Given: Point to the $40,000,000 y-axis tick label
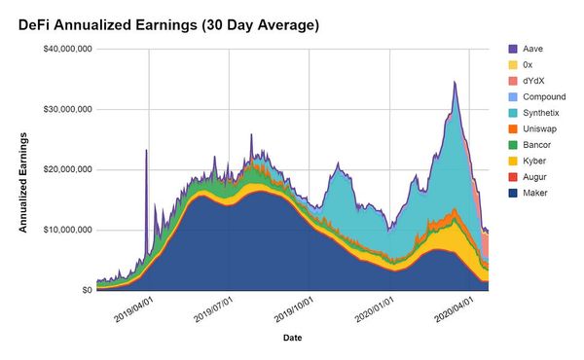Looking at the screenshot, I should pyautogui.click(x=60, y=49).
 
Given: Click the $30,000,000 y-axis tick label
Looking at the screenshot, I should pyautogui.click(x=60, y=109).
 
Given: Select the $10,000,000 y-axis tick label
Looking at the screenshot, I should pyautogui.click(x=60, y=230).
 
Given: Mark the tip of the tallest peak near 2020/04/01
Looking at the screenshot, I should pyautogui.click(x=455, y=82).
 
